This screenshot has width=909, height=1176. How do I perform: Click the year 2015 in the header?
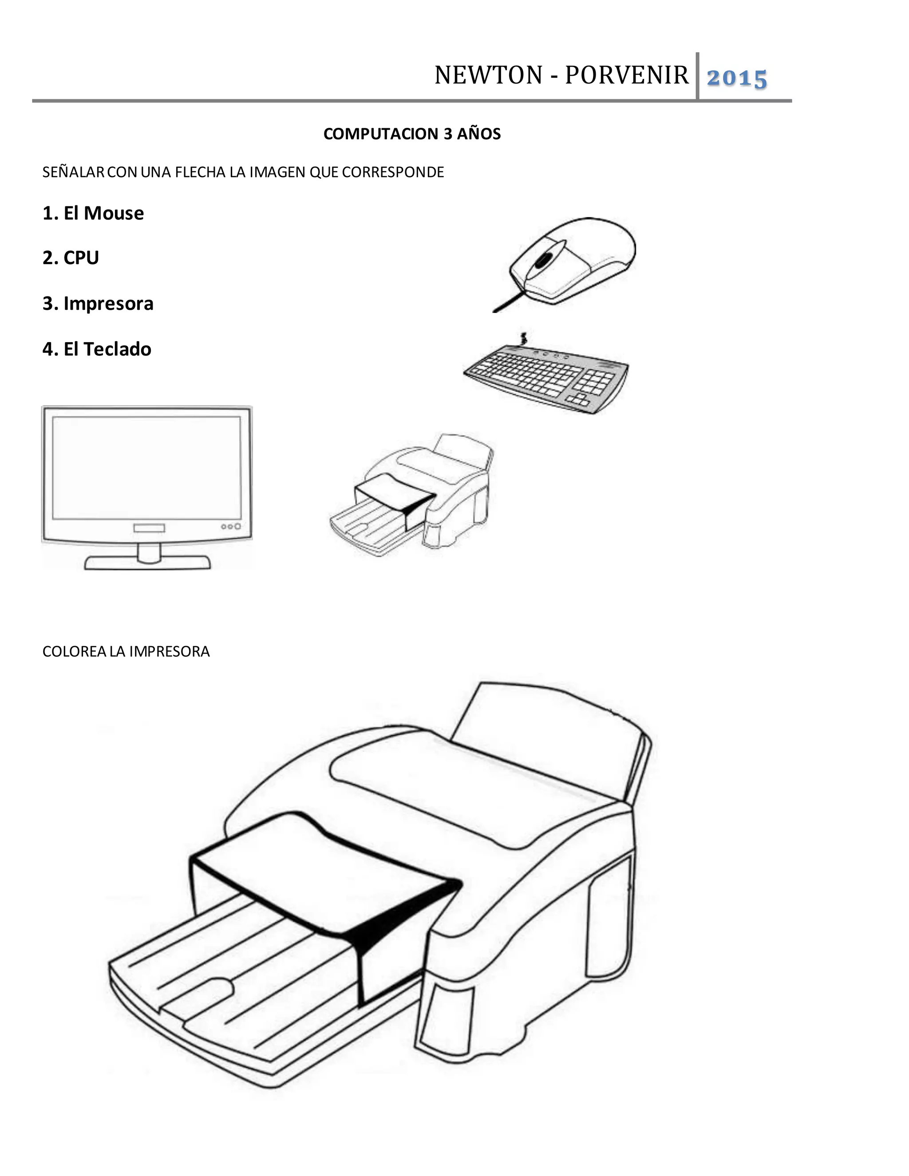[736, 79]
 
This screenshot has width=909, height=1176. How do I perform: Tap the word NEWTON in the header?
[488, 75]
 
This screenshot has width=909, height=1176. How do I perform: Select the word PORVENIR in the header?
[626, 75]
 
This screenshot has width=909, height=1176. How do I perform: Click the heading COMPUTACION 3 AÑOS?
[412, 134]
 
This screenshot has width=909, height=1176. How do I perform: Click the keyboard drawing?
[544, 377]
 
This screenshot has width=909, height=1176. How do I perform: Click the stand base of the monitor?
[147, 563]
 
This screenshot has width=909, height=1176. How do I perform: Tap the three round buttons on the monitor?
[230, 526]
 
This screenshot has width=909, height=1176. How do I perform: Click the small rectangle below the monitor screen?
[149, 528]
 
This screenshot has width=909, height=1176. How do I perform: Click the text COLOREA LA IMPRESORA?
[126, 651]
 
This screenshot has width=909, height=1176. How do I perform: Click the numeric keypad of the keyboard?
[593, 382]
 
